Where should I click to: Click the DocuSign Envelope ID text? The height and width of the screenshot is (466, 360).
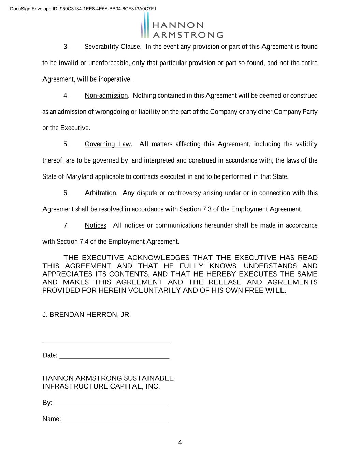click(83, 9)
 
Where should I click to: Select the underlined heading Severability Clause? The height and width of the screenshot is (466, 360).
click(112, 47)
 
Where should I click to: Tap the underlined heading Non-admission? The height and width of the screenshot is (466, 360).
click(106, 96)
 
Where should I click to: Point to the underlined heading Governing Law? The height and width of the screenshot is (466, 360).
click(107, 144)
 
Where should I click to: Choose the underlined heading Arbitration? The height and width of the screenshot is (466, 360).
click(100, 193)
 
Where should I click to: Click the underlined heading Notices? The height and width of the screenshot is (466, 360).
click(96, 225)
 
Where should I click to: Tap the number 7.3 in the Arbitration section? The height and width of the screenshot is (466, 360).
click(207, 209)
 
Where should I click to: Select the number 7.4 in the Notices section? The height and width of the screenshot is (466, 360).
click(84, 242)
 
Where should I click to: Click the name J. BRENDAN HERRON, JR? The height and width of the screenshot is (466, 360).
click(87, 315)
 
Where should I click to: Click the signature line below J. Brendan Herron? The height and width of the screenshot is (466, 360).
click(106, 341)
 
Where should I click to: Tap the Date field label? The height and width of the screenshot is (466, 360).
click(50, 355)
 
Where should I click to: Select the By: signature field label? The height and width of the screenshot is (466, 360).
click(47, 403)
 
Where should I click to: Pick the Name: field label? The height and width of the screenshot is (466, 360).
click(52, 419)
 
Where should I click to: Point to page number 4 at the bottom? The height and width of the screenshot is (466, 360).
click(180, 443)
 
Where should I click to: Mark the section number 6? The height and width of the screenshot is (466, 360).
click(66, 193)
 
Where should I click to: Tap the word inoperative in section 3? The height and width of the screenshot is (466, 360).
click(115, 79)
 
